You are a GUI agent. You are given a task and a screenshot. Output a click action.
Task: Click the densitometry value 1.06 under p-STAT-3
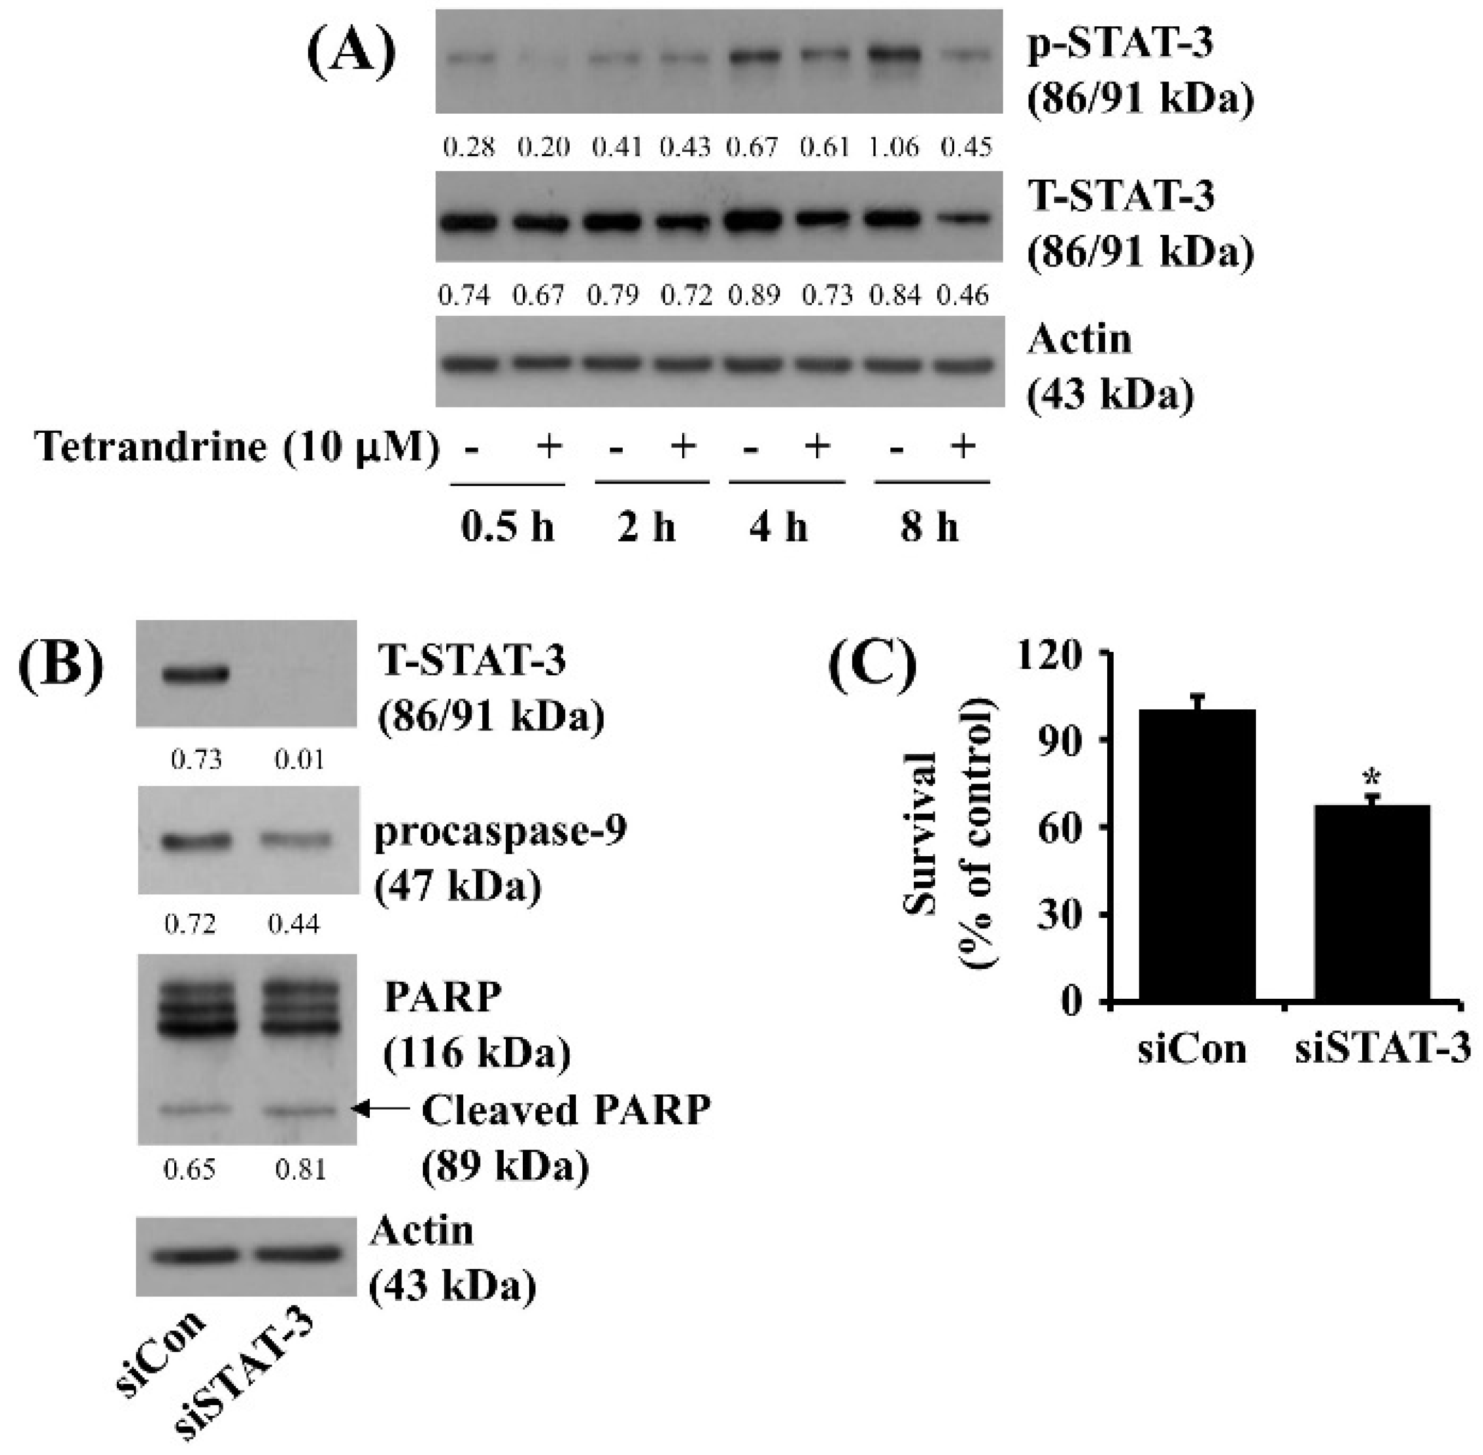click(x=894, y=146)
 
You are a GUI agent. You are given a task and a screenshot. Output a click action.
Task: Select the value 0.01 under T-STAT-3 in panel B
click(x=299, y=759)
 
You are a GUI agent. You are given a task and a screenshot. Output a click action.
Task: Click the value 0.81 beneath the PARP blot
click(x=300, y=1169)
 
